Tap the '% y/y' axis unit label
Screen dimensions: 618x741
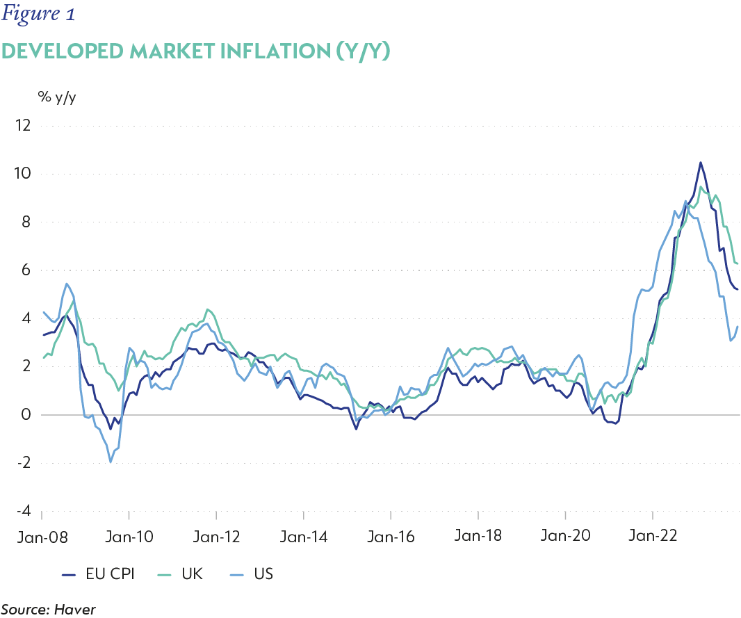(x=57, y=97)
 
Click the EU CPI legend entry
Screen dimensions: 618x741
(x=101, y=574)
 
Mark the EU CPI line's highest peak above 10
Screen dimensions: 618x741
(x=700, y=163)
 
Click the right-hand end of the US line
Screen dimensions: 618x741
(x=738, y=327)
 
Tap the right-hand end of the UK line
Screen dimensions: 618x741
(x=738, y=263)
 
